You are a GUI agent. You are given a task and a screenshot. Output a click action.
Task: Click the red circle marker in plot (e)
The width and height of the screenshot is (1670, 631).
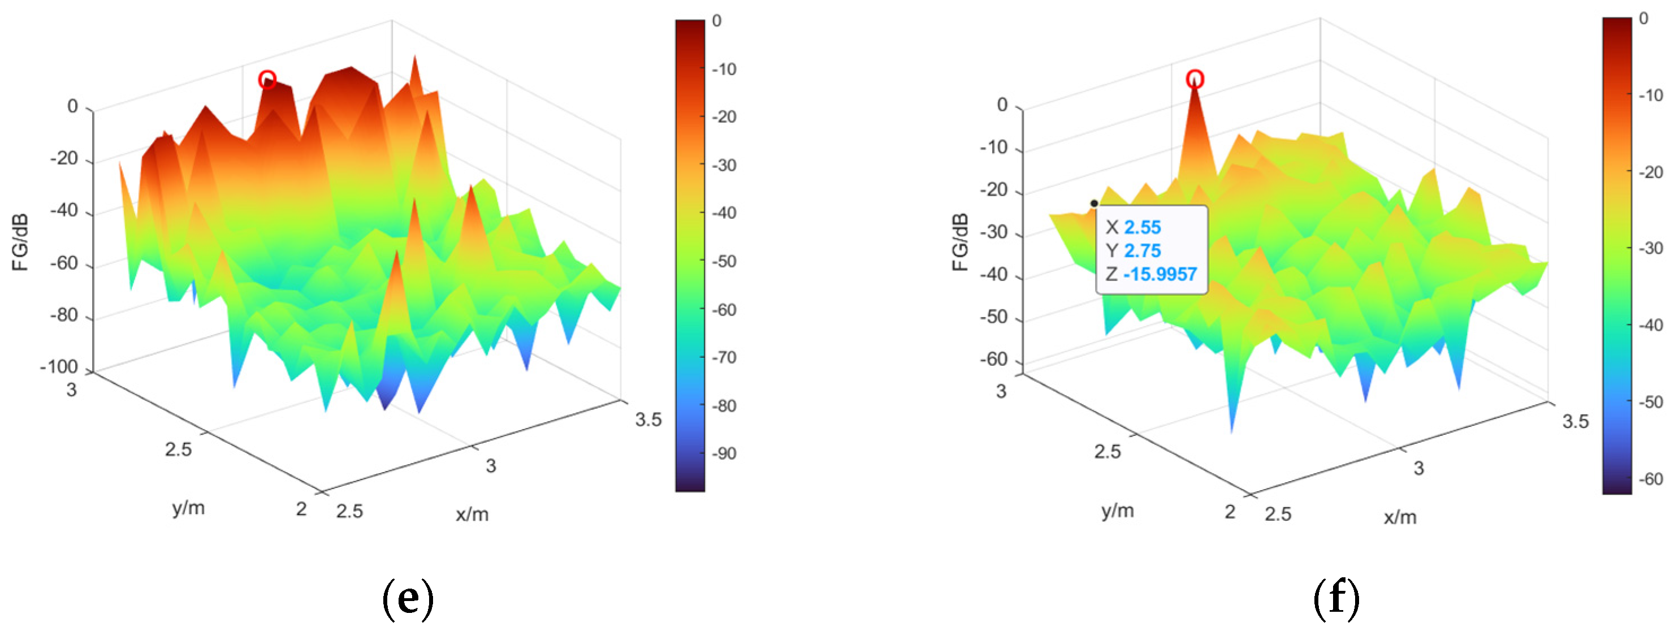(267, 80)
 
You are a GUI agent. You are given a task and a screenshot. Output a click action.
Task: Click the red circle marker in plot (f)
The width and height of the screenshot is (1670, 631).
(1195, 80)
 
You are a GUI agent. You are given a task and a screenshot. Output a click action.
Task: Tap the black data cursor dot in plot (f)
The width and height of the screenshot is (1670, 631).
(1094, 204)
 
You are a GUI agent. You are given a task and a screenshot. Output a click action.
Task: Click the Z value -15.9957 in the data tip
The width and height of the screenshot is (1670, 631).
(1160, 274)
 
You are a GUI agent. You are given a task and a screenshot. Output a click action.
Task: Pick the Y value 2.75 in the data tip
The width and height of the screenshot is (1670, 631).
(1143, 251)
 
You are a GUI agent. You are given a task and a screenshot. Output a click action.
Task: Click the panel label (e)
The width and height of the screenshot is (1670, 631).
(408, 599)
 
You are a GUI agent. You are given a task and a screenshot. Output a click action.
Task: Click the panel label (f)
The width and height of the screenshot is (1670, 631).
(1336, 599)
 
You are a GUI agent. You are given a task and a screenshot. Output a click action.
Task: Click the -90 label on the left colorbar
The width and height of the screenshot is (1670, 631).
(724, 454)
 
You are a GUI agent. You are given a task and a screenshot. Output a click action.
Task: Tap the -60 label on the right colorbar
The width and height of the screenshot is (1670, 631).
(1651, 479)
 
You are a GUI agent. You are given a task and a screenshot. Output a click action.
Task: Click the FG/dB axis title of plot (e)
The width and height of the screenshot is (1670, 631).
(21, 242)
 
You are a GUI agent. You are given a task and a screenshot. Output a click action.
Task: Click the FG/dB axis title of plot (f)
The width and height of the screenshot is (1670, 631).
(960, 242)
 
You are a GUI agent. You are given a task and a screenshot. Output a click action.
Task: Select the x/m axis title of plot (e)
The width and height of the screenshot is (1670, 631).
(472, 515)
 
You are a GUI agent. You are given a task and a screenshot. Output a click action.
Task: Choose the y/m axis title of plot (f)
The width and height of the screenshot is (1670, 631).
(1118, 511)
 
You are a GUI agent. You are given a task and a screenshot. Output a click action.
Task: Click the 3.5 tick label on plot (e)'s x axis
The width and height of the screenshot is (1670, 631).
(648, 420)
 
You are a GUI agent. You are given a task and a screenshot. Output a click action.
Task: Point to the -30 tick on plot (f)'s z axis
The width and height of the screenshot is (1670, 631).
(993, 233)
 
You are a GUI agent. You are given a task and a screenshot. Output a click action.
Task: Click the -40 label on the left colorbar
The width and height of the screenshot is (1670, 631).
(724, 213)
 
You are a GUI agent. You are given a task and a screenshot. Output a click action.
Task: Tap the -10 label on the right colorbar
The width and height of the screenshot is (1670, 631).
(1651, 96)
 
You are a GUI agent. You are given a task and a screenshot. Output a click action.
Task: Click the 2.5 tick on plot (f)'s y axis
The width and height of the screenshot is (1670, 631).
(1107, 451)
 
